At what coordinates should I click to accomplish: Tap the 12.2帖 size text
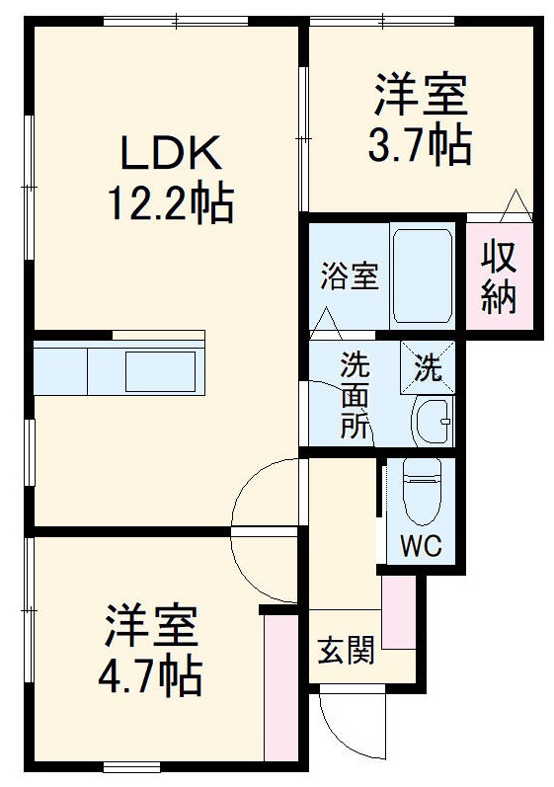pyautogui.click(x=169, y=207)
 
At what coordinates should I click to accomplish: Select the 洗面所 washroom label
pyautogui.click(x=354, y=394)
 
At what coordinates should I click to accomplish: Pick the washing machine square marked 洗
pyautogui.click(x=428, y=367)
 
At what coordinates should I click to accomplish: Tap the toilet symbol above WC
pyautogui.click(x=421, y=493)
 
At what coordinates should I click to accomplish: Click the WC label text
pyautogui.click(x=421, y=545)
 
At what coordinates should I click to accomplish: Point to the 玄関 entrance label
pyautogui.click(x=344, y=651)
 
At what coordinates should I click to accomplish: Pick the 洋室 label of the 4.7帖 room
pyautogui.click(x=151, y=626)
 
